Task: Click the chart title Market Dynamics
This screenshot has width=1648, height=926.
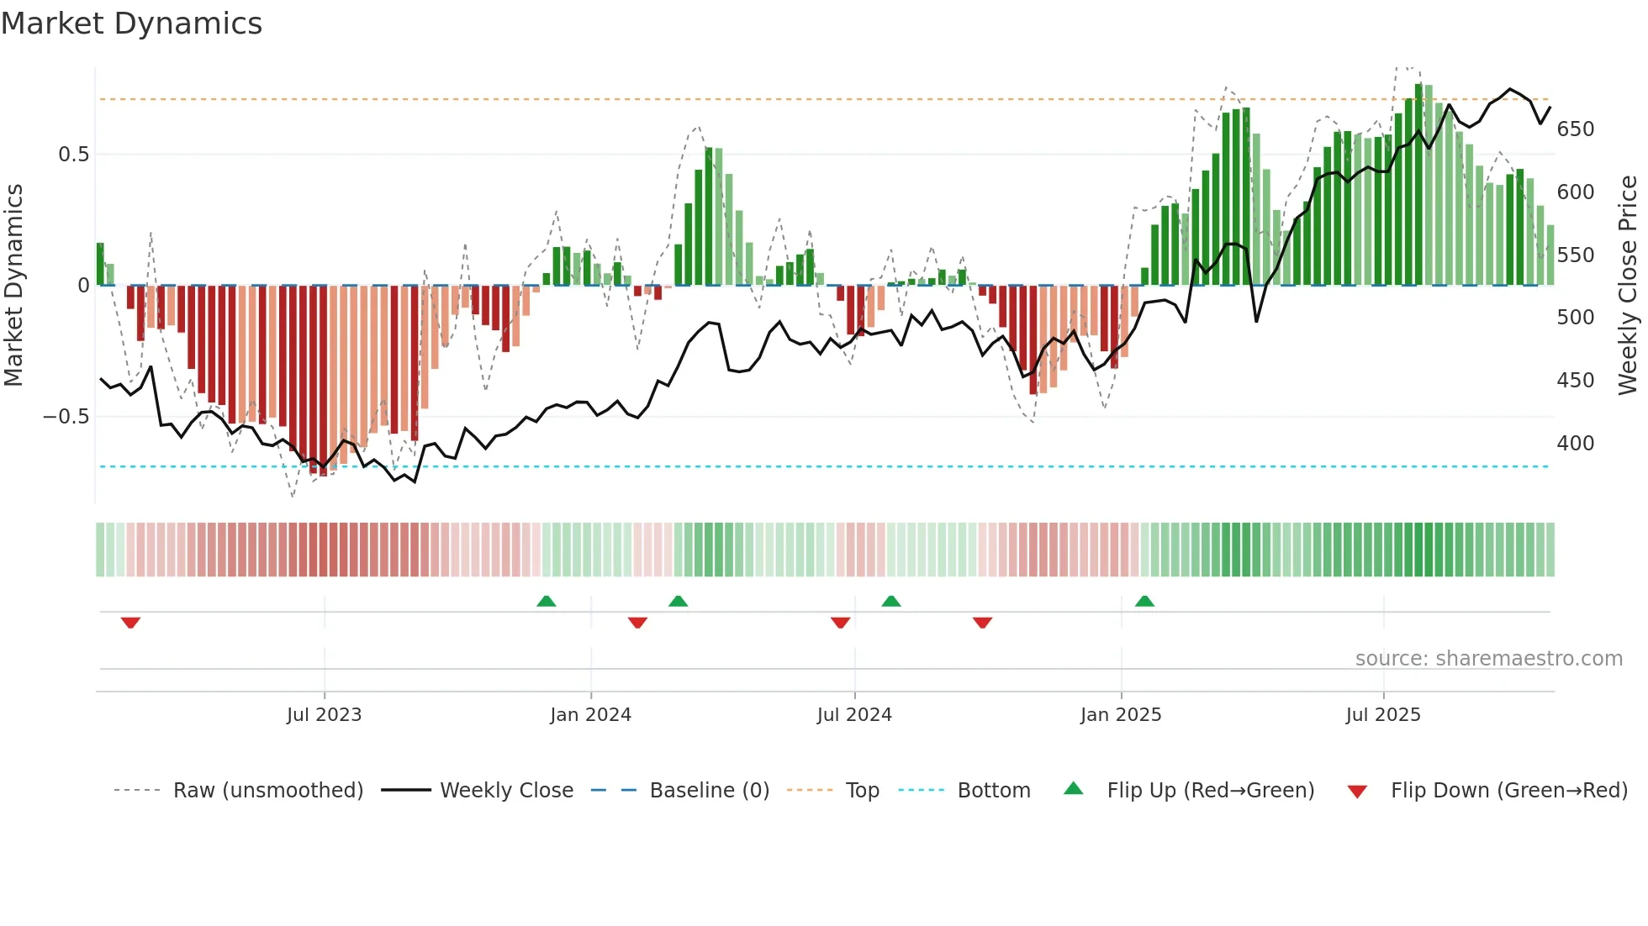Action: pyautogui.click(x=131, y=24)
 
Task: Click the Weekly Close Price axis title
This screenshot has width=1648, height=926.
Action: pyautogui.click(x=1628, y=285)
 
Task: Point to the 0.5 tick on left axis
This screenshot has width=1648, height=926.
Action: pyautogui.click(x=73, y=155)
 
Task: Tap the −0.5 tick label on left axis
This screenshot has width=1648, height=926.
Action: pyautogui.click(x=66, y=417)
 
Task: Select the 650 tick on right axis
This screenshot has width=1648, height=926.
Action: pyautogui.click(x=1575, y=129)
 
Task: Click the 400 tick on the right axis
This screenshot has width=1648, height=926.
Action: pyautogui.click(x=1575, y=444)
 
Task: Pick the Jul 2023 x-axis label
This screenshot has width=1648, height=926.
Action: pyautogui.click(x=324, y=715)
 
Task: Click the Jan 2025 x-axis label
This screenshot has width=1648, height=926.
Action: pyautogui.click(x=1120, y=715)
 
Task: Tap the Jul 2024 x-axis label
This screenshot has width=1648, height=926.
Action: pyautogui.click(x=853, y=715)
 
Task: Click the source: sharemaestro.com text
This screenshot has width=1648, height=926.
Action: pyautogui.click(x=1488, y=659)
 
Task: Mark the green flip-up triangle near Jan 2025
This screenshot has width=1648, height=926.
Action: pyautogui.click(x=1144, y=602)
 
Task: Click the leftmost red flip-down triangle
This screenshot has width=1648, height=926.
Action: pyautogui.click(x=130, y=623)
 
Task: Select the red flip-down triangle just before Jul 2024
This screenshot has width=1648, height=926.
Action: pyautogui.click(x=840, y=623)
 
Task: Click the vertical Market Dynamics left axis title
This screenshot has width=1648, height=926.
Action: pyautogui.click(x=14, y=285)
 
